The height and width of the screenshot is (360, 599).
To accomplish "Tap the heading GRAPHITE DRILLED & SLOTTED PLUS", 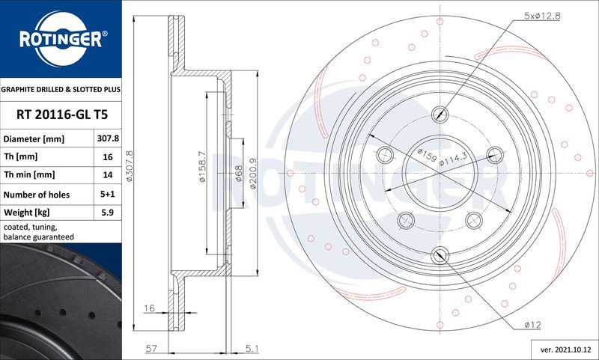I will pyautogui.click(x=60, y=89).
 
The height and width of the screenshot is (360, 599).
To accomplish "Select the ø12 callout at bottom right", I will pyautogui.click(x=532, y=323).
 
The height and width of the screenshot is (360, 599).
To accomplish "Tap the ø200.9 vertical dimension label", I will pyautogui.click(x=253, y=174).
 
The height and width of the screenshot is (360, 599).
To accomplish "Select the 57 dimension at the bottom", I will pyautogui.click(x=150, y=348).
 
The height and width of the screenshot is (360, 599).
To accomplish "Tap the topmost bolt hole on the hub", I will pyautogui.click(x=441, y=114).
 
